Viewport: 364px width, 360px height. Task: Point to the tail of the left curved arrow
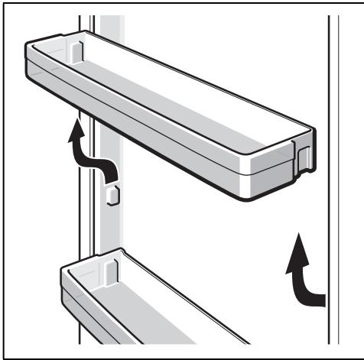click(x=114, y=178)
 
